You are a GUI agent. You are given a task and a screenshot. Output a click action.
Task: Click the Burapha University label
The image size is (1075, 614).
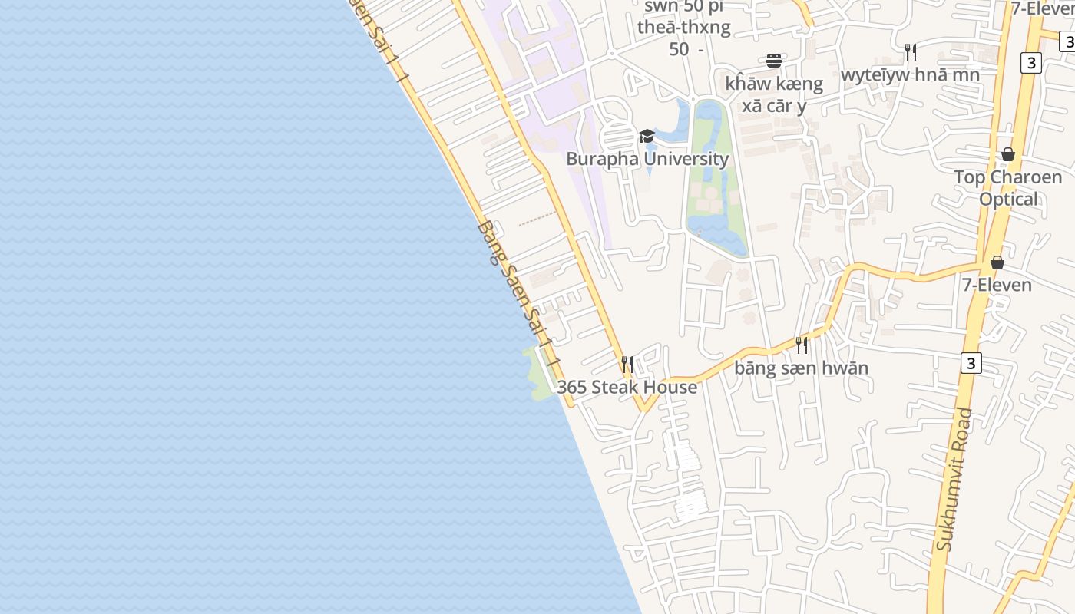point(647,159)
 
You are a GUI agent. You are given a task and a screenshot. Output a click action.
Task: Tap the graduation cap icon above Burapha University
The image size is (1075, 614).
point(647,137)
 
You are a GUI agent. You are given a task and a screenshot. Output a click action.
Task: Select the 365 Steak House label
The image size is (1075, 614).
point(627,387)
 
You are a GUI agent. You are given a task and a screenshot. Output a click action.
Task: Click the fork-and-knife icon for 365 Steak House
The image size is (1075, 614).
point(627,363)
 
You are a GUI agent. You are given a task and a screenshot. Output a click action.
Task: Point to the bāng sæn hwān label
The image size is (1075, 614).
point(801,368)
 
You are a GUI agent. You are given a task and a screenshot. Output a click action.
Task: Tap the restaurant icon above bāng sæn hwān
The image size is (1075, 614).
point(802,345)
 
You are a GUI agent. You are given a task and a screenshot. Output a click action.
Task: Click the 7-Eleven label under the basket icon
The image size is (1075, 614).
point(997,285)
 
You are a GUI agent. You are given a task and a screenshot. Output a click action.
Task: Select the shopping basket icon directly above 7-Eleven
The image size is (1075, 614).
point(997,263)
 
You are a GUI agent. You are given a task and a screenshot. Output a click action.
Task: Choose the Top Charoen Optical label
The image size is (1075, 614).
point(1007,188)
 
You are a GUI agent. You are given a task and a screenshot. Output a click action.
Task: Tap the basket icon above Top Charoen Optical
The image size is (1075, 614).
point(1007,155)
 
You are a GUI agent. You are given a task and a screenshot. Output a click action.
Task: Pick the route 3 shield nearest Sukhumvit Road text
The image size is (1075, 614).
point(971,362)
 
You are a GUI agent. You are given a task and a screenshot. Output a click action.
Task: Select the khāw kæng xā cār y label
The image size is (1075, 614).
point(774,94)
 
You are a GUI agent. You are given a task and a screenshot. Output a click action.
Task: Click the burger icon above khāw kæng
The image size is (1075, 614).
point(774,61)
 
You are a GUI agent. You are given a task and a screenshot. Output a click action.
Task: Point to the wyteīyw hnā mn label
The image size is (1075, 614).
point(910,74)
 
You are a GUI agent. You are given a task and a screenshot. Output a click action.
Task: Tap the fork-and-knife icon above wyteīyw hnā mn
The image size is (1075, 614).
point(910,52)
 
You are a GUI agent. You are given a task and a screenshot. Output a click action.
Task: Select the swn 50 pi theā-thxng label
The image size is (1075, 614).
point(683,28)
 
